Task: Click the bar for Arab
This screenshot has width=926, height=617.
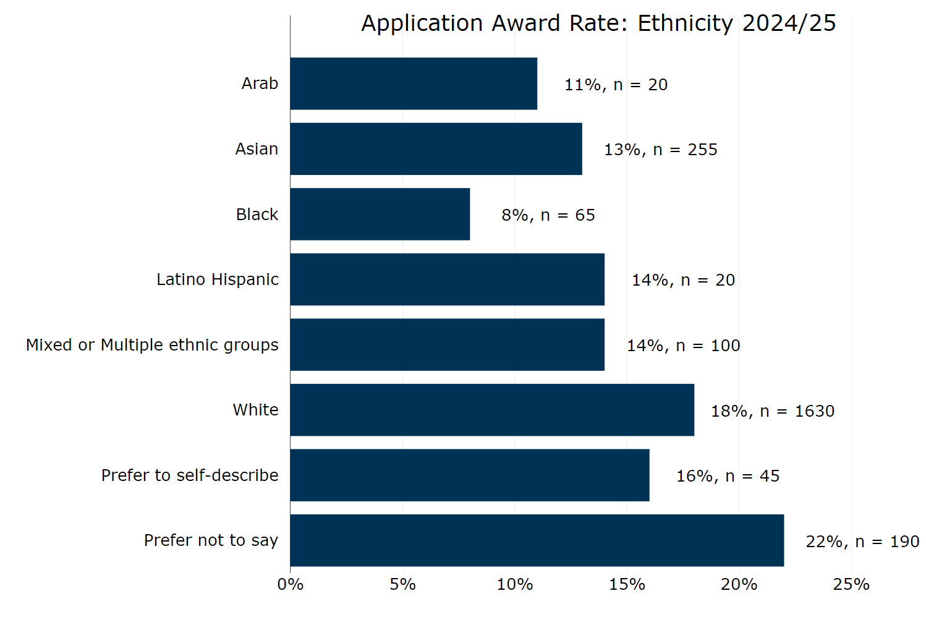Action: [x=414, y=83]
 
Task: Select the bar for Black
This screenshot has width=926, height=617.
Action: [x=380, y=214]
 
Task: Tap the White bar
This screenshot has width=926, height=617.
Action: [x=492, y=410]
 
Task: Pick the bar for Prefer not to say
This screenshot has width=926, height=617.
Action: [x=537, y=540]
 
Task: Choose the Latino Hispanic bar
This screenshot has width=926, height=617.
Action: [x=447, y=279]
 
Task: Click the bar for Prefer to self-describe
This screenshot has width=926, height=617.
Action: [x=469, y=475]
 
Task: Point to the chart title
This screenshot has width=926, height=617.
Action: [x=598, y=23]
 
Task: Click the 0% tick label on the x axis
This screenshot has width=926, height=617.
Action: [x=291, y=584]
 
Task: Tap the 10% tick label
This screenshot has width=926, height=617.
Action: [x=514, y=584]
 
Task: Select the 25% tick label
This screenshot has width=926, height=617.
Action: [x=851, y=584]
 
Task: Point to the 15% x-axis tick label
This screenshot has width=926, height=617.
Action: [x=627, y=584]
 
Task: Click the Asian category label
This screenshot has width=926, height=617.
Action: [x=257, y=149]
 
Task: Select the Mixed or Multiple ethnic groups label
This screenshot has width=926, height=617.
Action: [x=152, y=345]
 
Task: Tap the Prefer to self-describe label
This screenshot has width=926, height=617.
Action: [x=190, y=475]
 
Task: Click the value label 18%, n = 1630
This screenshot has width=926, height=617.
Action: [x=772, y=411]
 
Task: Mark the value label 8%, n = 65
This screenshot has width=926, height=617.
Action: [x=548, y=215]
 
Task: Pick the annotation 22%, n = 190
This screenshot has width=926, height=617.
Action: [x=862, y=542]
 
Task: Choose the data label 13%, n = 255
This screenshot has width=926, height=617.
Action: [x=660, y=150]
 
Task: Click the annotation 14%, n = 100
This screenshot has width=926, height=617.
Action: [x=683, y=346]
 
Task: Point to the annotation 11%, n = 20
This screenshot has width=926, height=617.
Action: [x=616, y=85]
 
